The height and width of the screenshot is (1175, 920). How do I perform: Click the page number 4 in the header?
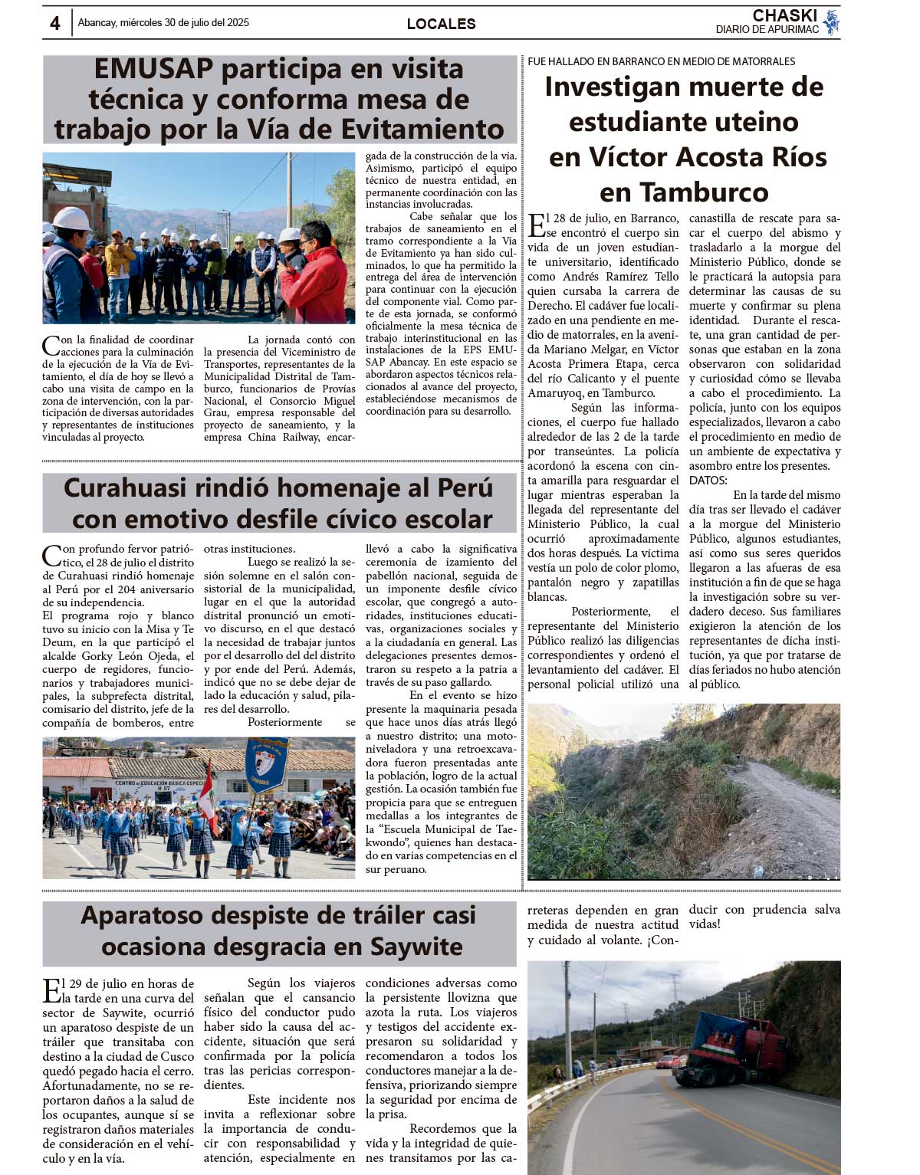[x=54, y=23]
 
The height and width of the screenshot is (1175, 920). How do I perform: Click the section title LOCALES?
[x=441, y=24]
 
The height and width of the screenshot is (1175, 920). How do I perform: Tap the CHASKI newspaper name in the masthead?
[x=784, y=15]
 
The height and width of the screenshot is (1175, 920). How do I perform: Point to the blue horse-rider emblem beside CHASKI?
[x=831, y=22]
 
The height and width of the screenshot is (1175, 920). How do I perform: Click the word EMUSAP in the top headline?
[x=153, y=69]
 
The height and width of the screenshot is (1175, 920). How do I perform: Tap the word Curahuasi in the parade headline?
[x=125, y=488]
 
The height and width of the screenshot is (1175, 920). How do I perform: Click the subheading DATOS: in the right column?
[x=708, y=481]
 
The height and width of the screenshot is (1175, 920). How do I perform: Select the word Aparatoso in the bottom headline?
[x=141, y=915]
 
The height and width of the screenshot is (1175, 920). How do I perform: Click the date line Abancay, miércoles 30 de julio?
[x=163, y=23]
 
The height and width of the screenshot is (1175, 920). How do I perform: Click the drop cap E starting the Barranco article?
[x=536, y=225]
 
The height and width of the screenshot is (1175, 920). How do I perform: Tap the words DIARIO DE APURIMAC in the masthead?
[x=767, y=30]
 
